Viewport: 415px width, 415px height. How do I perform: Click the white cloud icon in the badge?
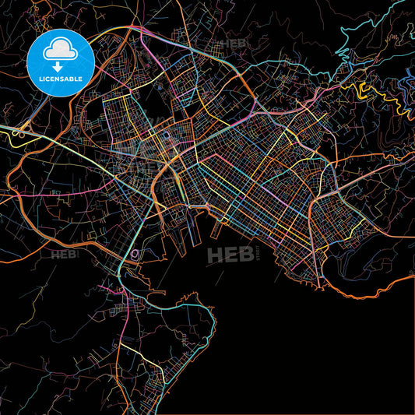[60, 48]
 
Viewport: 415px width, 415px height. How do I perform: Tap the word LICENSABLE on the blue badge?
[60, 78]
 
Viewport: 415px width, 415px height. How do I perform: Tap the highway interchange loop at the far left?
[17, 133]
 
